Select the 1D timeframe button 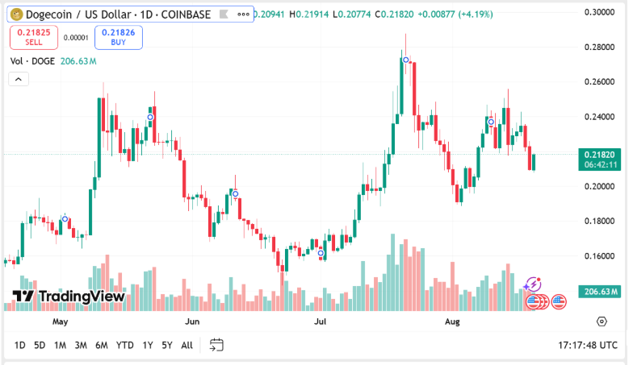click(20, 346)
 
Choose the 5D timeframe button click(40, 346)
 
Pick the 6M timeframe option click(102, 346)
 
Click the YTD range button click(124, 346)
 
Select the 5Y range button click(166, 346)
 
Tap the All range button click(187, 346)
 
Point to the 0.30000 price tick click(599, 13)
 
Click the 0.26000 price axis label click(599, 82)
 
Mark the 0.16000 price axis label click(599, 256)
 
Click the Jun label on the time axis click(192, 321)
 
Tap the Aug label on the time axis click(452, 321)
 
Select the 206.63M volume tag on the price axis click(599, 291)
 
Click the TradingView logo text click(69, 296)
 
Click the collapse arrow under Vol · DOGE click(18, 79)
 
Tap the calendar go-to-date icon click(216, 346)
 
